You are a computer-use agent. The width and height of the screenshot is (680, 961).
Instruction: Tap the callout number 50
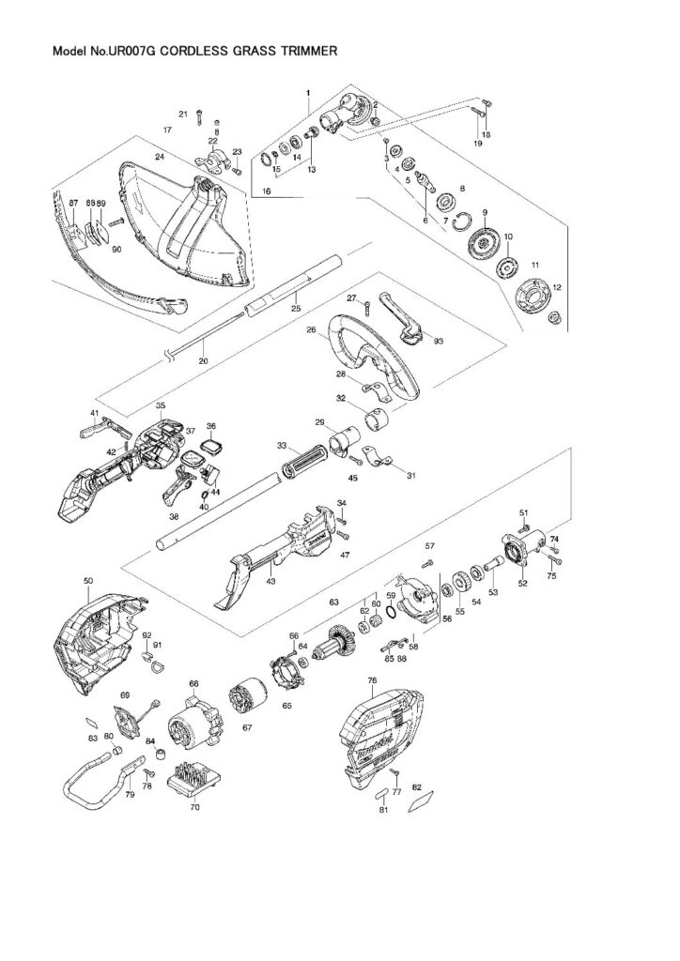89,582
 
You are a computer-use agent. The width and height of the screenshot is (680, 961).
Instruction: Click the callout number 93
438,342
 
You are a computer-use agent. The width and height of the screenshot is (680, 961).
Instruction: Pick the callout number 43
270,582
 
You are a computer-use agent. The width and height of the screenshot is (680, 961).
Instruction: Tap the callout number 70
194,805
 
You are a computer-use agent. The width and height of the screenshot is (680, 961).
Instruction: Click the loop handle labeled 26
376,357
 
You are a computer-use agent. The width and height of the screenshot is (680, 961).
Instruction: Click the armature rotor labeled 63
337,648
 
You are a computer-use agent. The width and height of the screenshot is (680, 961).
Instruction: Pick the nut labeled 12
553,317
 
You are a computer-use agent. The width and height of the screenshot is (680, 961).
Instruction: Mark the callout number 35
161,406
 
